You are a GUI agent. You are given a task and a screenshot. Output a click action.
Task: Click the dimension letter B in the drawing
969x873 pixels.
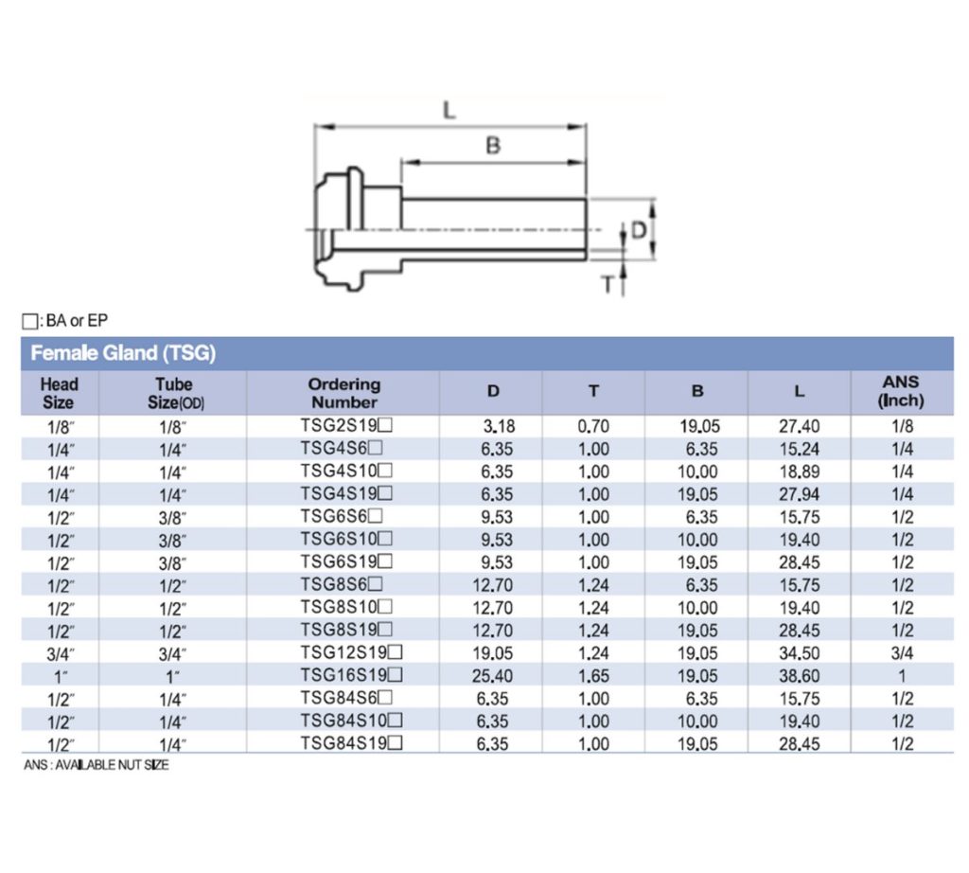(x=492, y=146)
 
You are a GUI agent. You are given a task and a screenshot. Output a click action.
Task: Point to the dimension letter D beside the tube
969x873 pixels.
(x=641, y=229)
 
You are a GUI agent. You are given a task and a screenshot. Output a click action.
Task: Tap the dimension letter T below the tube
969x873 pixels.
(x=608, y=283)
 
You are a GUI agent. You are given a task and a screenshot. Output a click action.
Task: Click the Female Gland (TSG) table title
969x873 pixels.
(x=124, y=354)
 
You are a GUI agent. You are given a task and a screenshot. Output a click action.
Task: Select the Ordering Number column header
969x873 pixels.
(x=344, y=392)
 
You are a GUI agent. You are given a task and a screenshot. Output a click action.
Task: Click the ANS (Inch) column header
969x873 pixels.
(x=901, y=391)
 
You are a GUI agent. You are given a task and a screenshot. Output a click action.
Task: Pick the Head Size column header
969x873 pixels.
(x=59, y=392)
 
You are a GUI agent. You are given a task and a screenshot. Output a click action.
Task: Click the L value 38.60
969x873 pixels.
(x=799, y=676)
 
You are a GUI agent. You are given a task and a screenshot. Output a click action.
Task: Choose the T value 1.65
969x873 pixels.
(x=593, y=676)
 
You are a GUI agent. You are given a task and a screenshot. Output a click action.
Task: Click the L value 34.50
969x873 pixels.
(x=799, y=653)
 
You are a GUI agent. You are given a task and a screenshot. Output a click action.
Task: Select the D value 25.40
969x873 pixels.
(x=493, y=676)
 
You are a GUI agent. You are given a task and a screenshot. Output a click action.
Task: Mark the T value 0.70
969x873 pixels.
(x=593, y=426)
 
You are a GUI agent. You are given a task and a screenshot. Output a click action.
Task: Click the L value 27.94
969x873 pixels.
(x=799, y=494)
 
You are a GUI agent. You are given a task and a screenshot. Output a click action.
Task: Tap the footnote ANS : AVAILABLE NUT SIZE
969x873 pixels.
(x=96, y=765)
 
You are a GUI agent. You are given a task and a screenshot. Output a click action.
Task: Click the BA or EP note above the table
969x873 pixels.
(x=65, y=321)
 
